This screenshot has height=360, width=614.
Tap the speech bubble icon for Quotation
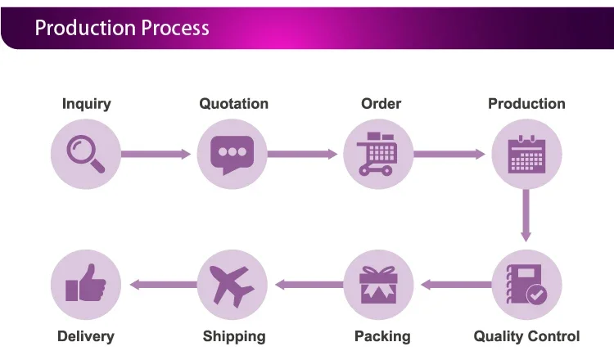tap(233, 154)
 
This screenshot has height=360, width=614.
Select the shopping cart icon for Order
tap(377, 154)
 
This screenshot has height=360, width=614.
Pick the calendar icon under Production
tap(526, 154)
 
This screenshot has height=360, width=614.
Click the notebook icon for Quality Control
tap(524, 285)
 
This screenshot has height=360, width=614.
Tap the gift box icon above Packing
tap(378, 285)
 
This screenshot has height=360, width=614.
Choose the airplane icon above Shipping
tap(232, 286)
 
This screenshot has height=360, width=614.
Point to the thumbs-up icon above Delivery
tap(86, 282)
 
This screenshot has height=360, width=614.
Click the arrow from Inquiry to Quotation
tap(156, 154)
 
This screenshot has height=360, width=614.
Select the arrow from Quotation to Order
tap(302, 154)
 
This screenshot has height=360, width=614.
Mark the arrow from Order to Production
tap(449, 154)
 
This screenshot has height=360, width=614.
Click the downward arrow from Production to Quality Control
tap(526, 216)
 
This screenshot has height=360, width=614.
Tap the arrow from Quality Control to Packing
tap(456, 285)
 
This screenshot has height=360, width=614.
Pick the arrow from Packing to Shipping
tap(309, 285)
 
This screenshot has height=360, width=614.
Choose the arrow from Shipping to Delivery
tap(163, 285)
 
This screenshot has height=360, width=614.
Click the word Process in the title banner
tap(174, 28)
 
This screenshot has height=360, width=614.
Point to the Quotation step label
tap(234, 104)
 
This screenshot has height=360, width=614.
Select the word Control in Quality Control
tap(553, 336)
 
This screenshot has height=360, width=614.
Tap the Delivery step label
tap(86, 336)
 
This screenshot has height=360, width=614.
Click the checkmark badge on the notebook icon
tap(537, 295)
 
